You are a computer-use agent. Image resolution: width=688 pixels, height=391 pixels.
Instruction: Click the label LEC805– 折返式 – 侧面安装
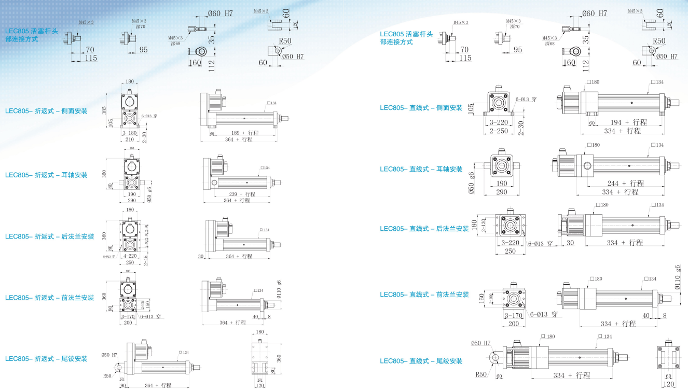tap(46, 111)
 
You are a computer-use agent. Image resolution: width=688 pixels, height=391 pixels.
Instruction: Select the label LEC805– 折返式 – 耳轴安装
tap(46, 175)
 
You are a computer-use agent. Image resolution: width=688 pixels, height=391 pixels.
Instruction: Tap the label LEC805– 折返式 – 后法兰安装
tap(50, 236)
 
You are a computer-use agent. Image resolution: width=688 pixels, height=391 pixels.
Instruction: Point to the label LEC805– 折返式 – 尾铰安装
tap(46, 359)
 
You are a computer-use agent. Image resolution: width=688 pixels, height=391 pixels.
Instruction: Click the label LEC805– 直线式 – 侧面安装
tap(421, 108)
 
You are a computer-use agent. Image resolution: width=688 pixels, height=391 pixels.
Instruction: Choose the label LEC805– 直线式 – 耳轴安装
tap(421, 169)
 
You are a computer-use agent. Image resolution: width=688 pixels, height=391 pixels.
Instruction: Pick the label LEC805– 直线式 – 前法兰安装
tap(424, 295)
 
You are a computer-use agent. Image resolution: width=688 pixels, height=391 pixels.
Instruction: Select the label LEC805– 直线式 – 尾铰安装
tap(421, 361)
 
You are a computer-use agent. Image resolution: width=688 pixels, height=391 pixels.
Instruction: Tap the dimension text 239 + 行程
tap(243, 194)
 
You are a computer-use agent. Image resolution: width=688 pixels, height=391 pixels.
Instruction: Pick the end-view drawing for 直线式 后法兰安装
tap(511, 228)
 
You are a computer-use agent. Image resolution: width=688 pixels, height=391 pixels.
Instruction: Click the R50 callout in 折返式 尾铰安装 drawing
tap(107, 376)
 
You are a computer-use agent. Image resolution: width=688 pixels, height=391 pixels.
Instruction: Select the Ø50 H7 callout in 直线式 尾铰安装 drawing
tap(480, 343)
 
